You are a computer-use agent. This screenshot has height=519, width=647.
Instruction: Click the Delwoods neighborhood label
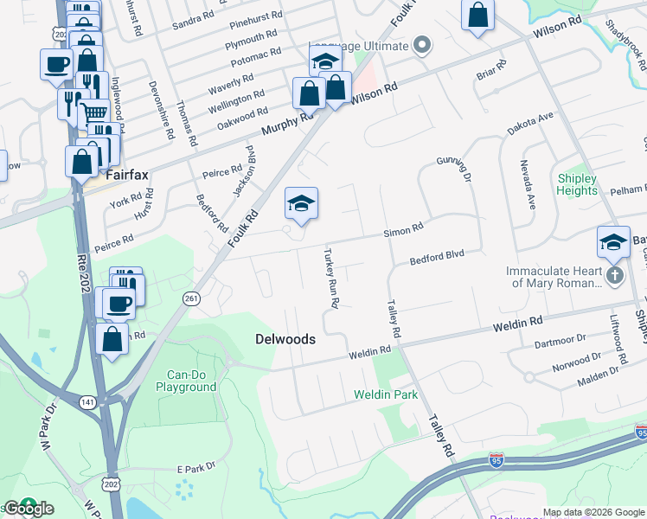click(285, 339)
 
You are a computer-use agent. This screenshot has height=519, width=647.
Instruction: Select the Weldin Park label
click(386, 394)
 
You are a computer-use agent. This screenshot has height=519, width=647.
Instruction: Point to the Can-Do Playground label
click(186, 381)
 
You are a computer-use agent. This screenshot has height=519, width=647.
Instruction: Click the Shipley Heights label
click(577, 185)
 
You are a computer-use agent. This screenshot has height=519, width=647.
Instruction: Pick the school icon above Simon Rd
click(301, 204)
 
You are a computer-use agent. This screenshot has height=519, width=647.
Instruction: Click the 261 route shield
click(192, 298)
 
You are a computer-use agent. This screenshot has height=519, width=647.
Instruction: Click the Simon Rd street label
click(404, 228)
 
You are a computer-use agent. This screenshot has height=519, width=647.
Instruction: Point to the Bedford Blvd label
click(438, 256)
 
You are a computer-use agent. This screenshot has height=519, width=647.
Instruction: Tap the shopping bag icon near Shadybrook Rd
click(477, 16)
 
